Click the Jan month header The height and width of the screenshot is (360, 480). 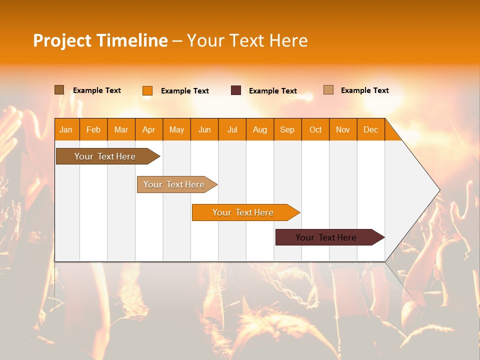pyautogui.click(x=66, y=129)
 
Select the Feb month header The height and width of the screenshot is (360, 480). pyautogui.click(x=93, y=129)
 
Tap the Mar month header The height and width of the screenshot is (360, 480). pyautogui.click(x=121, y=129)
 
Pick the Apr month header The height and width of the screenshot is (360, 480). pyautogui.click(x=149, y=129)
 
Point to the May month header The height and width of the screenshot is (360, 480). pyautogui.click(x=176, y=129)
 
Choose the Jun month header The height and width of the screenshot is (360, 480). pyautogui.click(x=204, y=129)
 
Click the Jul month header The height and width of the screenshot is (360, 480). pyautogui.click(x=232, y=129)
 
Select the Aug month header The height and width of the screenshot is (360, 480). pyautogui.click(x=260, y=129)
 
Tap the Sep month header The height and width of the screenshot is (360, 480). pyautogui.click(x=287, y=129)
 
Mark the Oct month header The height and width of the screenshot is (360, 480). pyautogui.click(x=315, y=129)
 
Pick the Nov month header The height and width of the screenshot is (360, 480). pyautogui.click(x=343, y=129)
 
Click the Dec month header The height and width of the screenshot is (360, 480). pyautogui.click(x=371, y=129)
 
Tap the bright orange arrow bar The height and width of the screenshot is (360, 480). pyautogui.click(x=243, y=212)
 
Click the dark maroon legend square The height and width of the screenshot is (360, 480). pyautogui.click(x=236, y=90)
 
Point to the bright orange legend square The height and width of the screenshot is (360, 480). pyautogui.click(x=147, y=90)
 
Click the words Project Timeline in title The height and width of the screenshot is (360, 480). pyautogui.click(x=100, y=40)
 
